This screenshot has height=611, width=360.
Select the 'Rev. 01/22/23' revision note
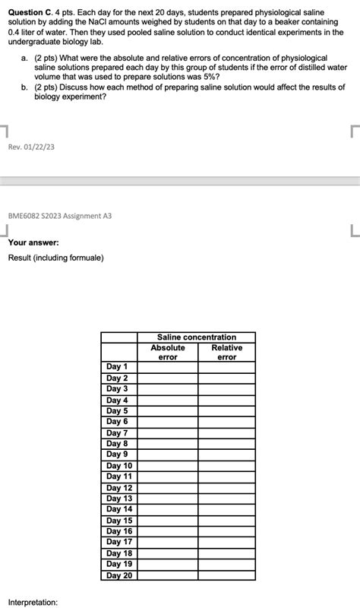[32, 147]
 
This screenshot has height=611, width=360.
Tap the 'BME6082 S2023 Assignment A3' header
[60, 216]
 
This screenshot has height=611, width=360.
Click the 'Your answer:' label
[33, 242]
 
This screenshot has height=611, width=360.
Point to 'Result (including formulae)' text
[56, 258]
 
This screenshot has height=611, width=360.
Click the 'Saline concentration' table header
[196, 337]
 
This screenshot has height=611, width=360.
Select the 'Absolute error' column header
[167, 352]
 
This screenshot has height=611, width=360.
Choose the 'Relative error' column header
[226, 352]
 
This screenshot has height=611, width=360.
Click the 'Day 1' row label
[117, 367]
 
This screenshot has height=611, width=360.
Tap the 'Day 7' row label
[117, 432]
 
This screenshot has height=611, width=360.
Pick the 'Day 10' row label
[119, 466]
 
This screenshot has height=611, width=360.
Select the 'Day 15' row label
[119, 521]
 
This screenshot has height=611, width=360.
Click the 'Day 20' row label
[119, 575]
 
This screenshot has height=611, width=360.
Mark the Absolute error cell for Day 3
[167, 389]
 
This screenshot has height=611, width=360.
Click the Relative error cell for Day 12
[226, 488]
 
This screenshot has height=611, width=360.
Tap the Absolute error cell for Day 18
[167, 553]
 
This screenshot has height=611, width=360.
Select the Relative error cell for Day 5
[226, 411]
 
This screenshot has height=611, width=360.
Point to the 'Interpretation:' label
[33, 602]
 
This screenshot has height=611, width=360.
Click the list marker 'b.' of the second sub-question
[25, 87]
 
